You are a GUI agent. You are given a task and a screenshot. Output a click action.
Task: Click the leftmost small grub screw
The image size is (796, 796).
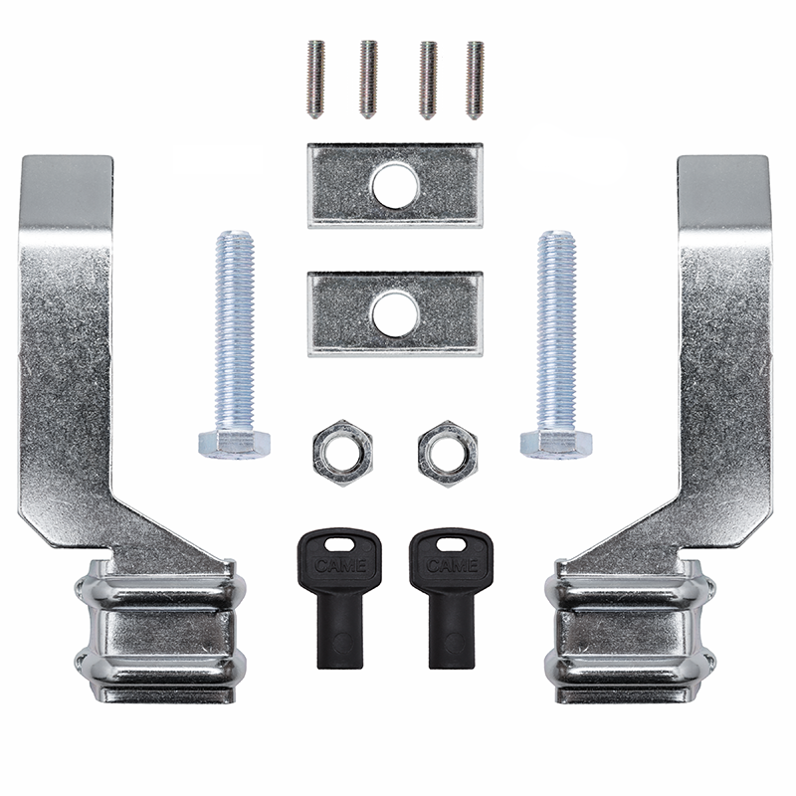click(x=315, y=80)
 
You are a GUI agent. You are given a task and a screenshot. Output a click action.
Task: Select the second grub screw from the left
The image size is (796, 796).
click(x=368, y=80)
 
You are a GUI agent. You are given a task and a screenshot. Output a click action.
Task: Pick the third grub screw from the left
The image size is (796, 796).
click(x=429, y=81)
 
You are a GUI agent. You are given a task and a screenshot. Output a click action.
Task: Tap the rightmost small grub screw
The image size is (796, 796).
click(x=475, y=81)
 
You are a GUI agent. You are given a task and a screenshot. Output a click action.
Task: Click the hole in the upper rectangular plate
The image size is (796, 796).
click(x=395, y=186)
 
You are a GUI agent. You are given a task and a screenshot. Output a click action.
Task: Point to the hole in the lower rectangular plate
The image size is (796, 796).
click(x=395, y=314)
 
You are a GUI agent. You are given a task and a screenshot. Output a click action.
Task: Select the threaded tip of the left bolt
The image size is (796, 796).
click(x=235, y=236)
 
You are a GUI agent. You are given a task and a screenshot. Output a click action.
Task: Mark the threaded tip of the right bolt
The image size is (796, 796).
click(x=557, y=236)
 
